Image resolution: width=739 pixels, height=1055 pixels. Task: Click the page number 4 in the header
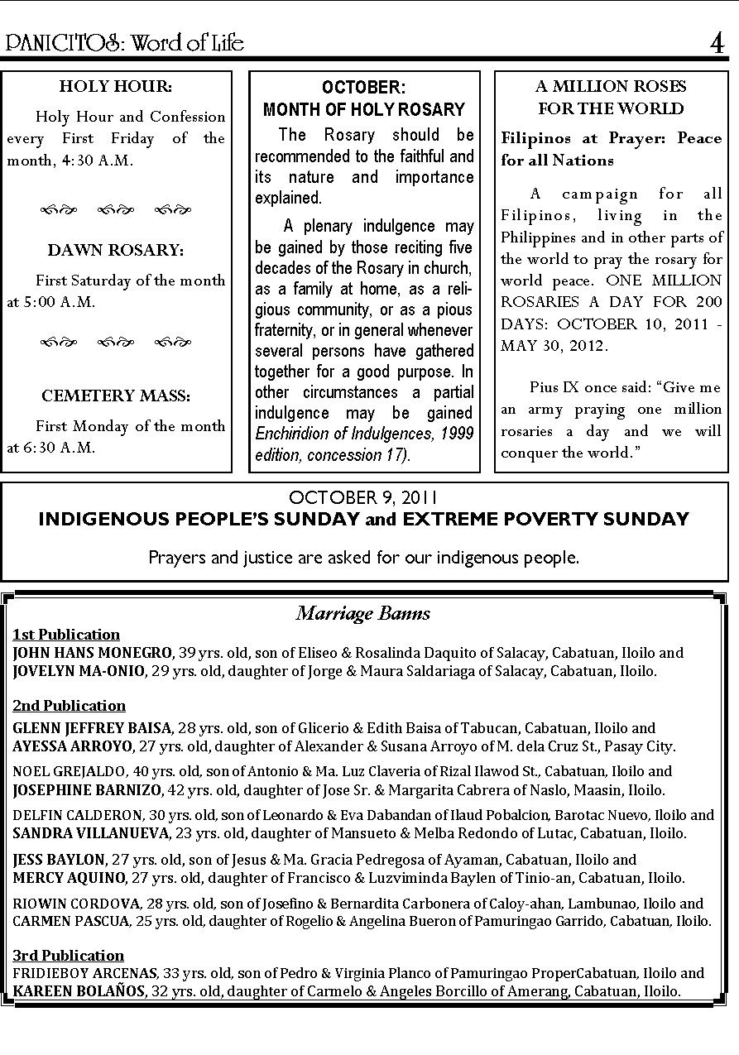click(717, 42)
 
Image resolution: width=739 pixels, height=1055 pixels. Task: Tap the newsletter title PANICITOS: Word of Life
click(125, 42)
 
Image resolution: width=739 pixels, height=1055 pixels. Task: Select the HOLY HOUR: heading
click(116, 86)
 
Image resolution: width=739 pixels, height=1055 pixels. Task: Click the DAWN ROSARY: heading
click(116, 250)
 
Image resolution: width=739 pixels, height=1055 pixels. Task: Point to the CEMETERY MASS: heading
click(116, 396)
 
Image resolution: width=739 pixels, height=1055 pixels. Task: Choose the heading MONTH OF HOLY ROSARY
click(364, 109)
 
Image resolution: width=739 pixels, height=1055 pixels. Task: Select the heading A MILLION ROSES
click(611, 86)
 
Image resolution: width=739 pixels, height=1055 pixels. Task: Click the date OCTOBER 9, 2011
click(363, 497)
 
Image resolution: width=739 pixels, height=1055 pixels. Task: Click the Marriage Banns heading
click(363, 613)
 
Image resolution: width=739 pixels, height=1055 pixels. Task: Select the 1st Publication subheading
click(66, 635)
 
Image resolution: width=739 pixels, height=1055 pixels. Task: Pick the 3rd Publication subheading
click(69, 955)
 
